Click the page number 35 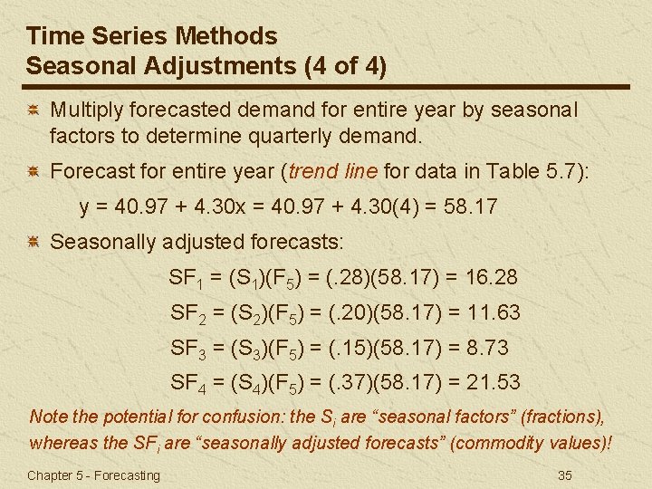(566, 475)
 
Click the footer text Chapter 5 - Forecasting (93, 475)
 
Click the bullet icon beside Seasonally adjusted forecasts (33, 243)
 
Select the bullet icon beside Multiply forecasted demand (33, 110)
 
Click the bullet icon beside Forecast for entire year (33, 170)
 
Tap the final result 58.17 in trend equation (467, 206)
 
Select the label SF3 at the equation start (190, 348)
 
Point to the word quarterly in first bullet (281, 137)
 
